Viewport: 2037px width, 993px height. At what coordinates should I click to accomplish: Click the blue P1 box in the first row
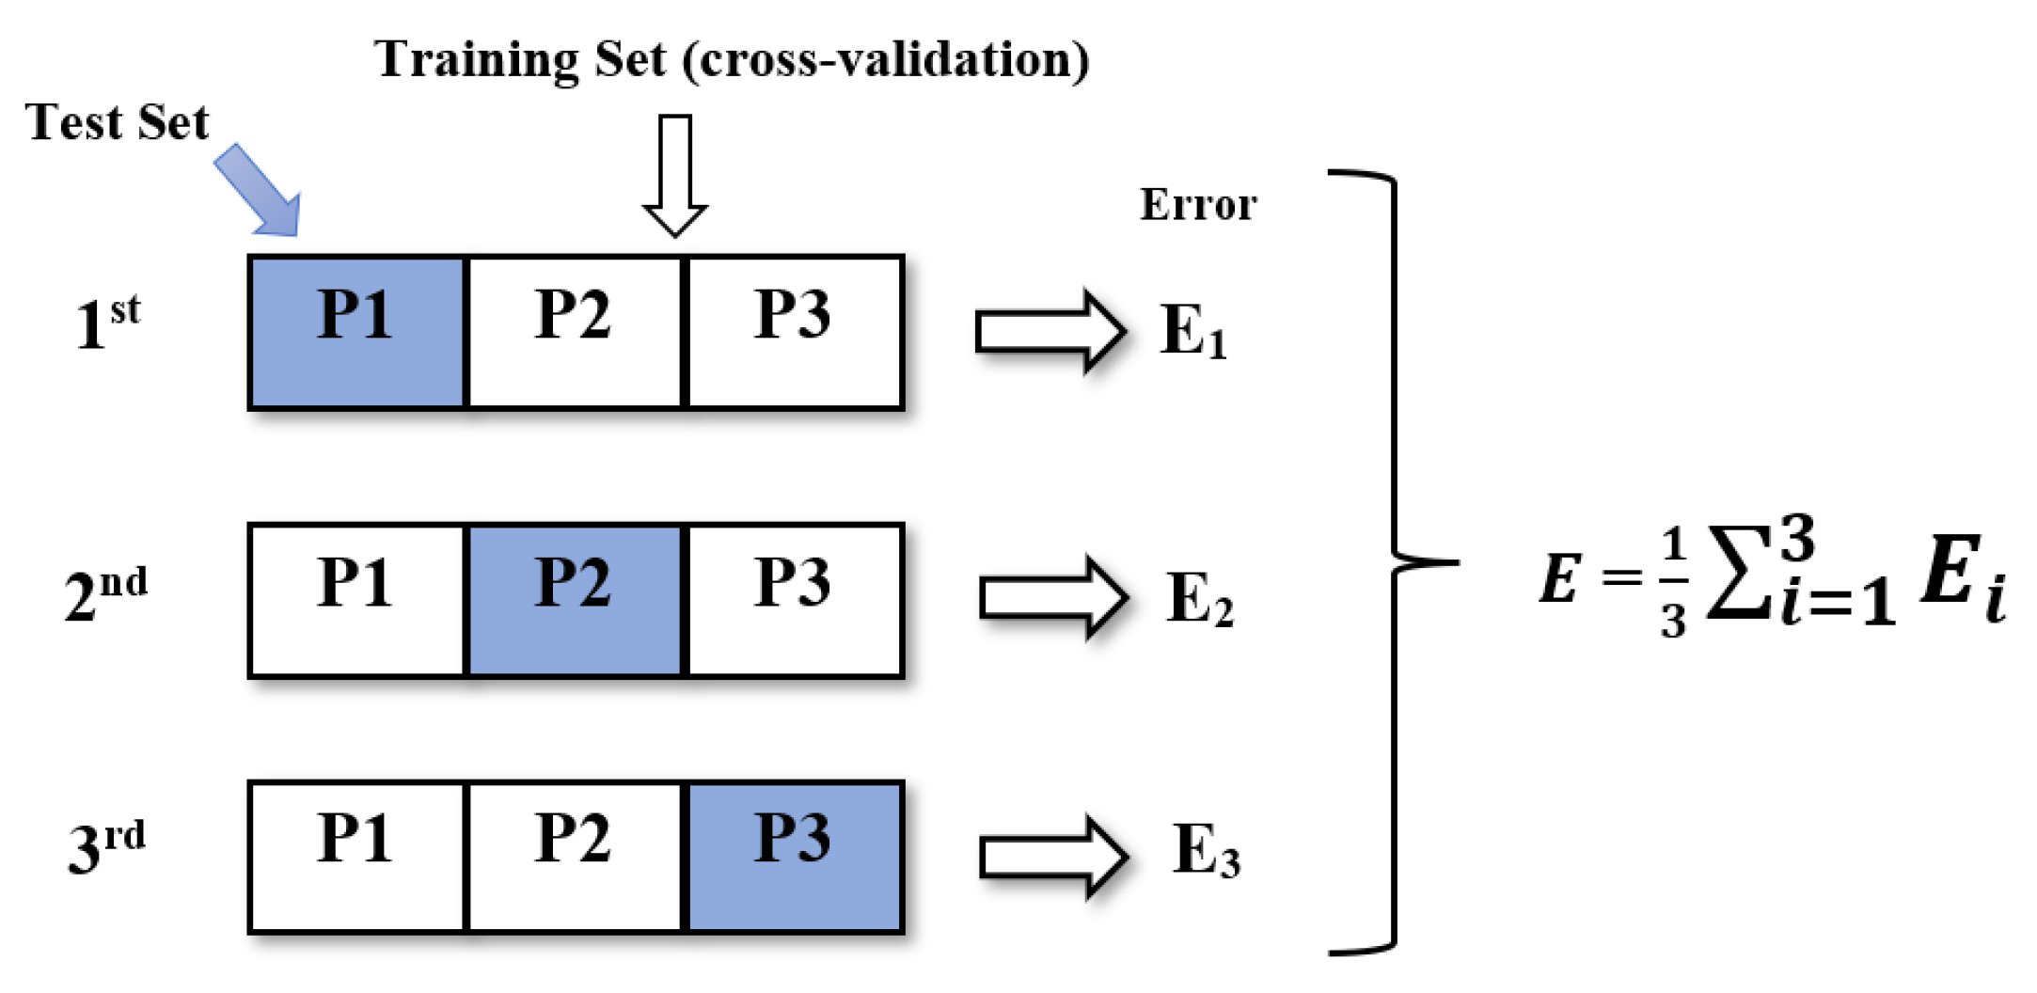pos(356,332)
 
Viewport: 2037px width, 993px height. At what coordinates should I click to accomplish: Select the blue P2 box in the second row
pos(575,600)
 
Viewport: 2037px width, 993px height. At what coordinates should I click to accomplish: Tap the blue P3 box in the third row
pos(795,857)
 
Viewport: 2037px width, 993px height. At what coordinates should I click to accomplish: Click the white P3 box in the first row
pos(795,332)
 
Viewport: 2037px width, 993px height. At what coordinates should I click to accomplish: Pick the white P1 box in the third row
pos(356,857)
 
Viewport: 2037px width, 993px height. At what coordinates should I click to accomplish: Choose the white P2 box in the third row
pos(575,857)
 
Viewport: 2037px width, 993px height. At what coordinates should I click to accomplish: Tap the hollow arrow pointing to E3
pos(1053,857)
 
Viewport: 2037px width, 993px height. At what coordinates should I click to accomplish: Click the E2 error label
pos(1199,599)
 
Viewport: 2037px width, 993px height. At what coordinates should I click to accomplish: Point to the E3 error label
pos(1206,851)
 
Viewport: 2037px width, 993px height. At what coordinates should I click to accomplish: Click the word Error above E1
pos(1198,205)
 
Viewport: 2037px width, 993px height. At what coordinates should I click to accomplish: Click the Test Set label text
pos(118,122)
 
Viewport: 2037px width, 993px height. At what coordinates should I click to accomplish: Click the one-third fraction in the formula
pos(1672,583)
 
